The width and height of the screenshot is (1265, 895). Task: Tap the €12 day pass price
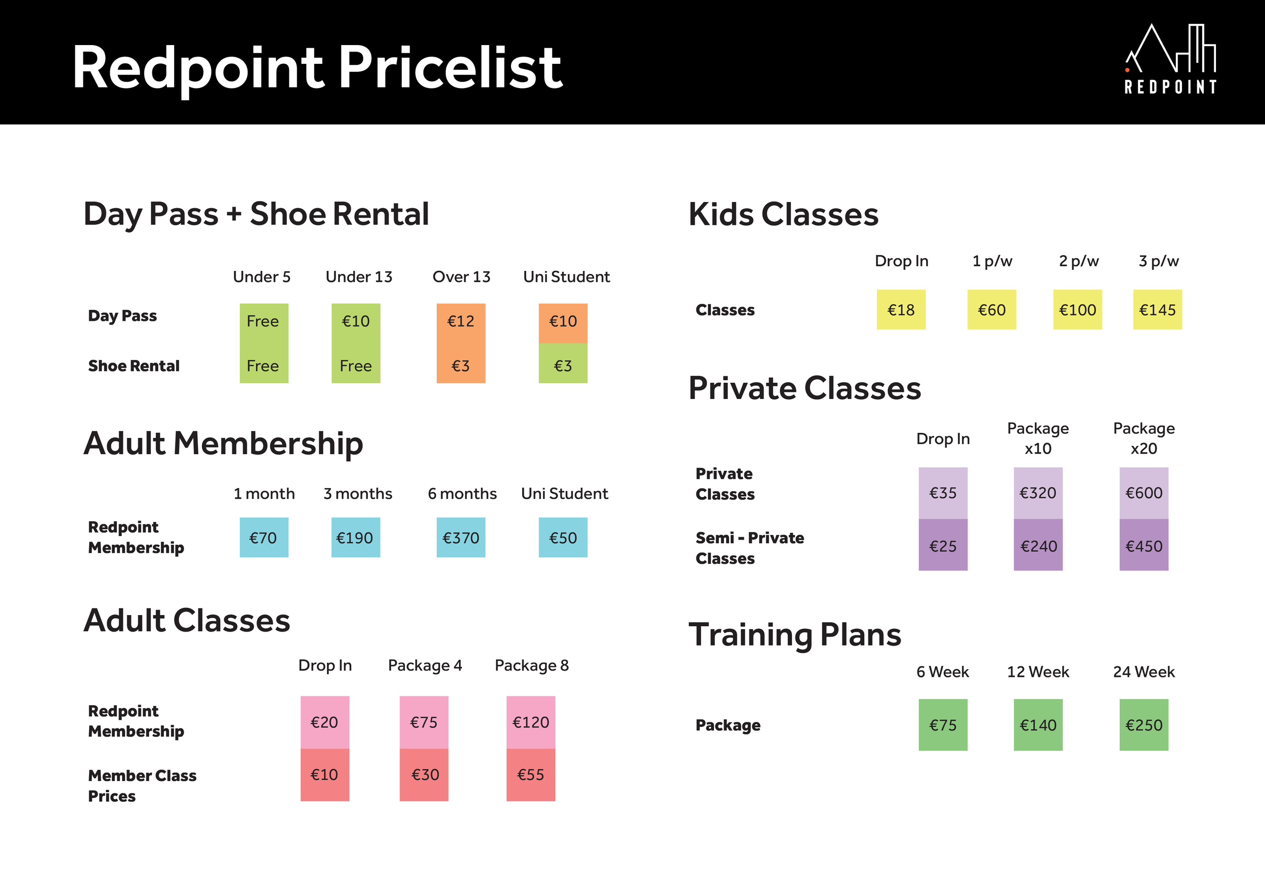[460, 321]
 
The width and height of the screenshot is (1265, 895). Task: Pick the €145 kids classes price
[1157, 310]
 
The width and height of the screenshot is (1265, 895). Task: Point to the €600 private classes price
[1144, 493]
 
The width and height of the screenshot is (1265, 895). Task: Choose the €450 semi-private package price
[1144, 546]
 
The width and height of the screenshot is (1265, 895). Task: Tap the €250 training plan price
[1144, 725]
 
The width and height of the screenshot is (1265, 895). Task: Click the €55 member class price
[531, 775]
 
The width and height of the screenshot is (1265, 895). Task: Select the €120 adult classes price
[531, 722]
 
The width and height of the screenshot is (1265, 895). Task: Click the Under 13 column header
[359, 277]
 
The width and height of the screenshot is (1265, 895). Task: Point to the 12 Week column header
[1038, 672]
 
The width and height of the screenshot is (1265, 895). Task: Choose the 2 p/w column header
[1079, 261]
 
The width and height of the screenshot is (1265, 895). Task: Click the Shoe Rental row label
[134, 366]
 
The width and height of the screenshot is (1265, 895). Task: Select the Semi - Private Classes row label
[750, 548]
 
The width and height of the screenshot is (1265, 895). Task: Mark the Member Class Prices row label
[142, 785]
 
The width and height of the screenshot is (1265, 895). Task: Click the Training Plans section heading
[795, 635]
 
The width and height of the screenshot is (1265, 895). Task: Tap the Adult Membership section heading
[223, 443]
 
